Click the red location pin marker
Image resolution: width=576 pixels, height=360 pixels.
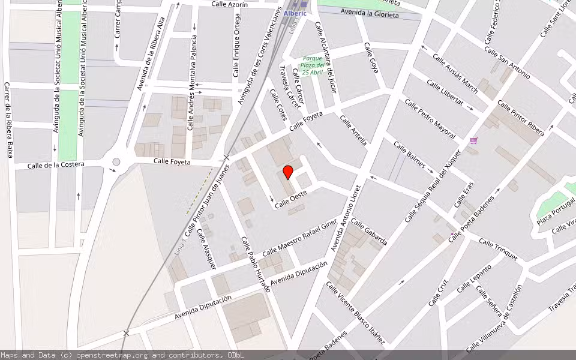point(288,172)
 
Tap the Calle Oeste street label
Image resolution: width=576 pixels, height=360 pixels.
point(291,199)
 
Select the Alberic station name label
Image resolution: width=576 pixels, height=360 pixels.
point(295,13)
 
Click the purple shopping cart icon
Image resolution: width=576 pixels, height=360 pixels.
point(474,140)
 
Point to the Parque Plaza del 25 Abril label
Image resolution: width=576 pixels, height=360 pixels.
point(313,65)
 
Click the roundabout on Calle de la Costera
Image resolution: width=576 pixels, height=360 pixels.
point(116,161)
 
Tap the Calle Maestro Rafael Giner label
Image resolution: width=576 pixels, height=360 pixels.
point(300,238)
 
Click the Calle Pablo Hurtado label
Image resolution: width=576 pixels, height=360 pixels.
point(256,264)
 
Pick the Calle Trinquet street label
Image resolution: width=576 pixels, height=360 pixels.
point(498,249)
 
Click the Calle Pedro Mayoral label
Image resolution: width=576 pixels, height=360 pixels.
point(430,118)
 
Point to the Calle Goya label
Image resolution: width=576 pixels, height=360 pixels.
point(371,58)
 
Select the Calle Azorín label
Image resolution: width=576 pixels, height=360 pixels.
point(230,4)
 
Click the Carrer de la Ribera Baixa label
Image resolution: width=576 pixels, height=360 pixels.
point(8,120)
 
